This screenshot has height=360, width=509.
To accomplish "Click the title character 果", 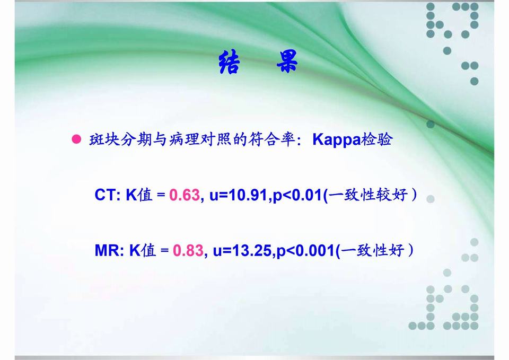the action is click(287, 61).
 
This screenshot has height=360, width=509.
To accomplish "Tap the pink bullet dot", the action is click(76, 139).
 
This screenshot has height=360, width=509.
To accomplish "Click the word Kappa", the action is click(337, 140).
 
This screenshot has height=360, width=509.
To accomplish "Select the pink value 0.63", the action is click(185, 195).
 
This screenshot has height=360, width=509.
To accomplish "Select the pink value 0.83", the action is click(188, 251).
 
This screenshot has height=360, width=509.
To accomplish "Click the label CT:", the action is click(108, 195).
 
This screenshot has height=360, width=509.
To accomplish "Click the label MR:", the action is click(109, 251).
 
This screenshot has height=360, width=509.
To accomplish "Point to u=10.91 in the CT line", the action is click(239, 195).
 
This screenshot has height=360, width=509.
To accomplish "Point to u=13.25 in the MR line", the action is click(242, 251).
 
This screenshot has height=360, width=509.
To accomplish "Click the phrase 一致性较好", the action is click(368, 195).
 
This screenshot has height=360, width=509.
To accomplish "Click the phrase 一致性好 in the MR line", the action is click(372, 251).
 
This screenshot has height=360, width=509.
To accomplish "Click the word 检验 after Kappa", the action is click(377, 139).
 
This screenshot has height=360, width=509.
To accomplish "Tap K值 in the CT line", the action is click(139, 195).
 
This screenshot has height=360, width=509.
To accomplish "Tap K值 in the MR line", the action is click(143, 251).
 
